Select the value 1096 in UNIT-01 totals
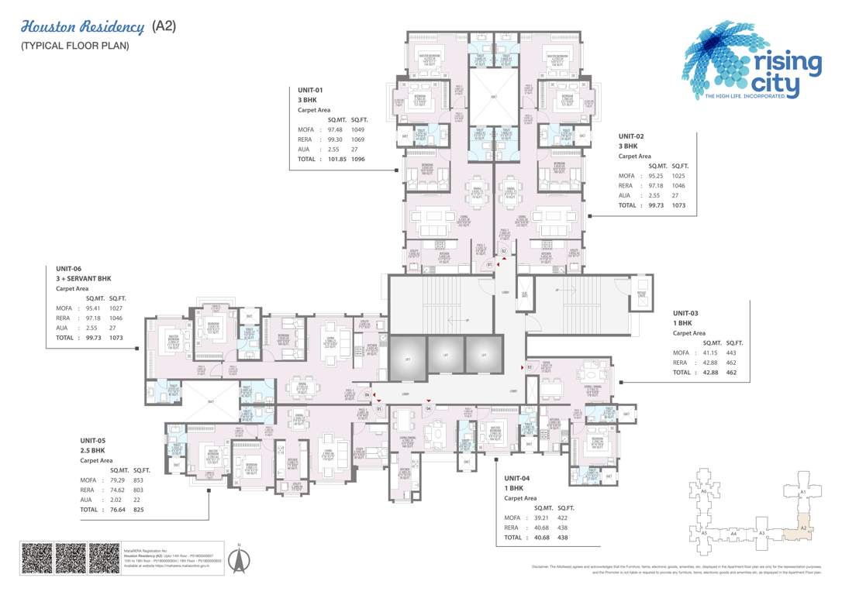click(x=357, y=159)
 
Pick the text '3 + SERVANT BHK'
click(x=84, y=278)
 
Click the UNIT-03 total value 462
click(x=730, y=372)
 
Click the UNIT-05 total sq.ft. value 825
click(x=138, y=510)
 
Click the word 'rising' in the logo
click(x=783, y=64)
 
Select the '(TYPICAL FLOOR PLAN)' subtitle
click(x=74, y=46)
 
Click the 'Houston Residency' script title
click(x=82, y=27)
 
